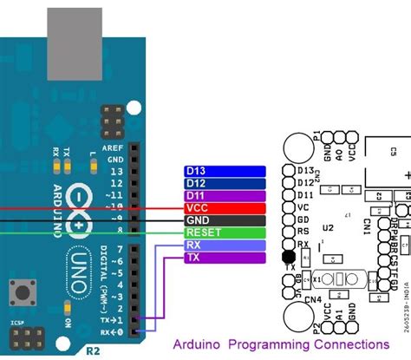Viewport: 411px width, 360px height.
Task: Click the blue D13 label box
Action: tap(224, 172)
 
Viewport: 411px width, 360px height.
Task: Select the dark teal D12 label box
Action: tap(224, 184)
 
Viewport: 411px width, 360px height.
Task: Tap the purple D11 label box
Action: tap(224, 196)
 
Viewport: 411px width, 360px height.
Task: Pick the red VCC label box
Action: tap(224, 208)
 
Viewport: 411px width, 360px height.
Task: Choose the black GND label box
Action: tap(224, 220)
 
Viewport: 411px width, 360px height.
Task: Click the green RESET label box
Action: tap(224, 232)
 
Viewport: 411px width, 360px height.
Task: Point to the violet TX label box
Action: tap(224, 258)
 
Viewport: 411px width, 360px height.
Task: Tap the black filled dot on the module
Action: tap(288, 257)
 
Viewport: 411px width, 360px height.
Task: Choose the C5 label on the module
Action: tap(392, 151)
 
